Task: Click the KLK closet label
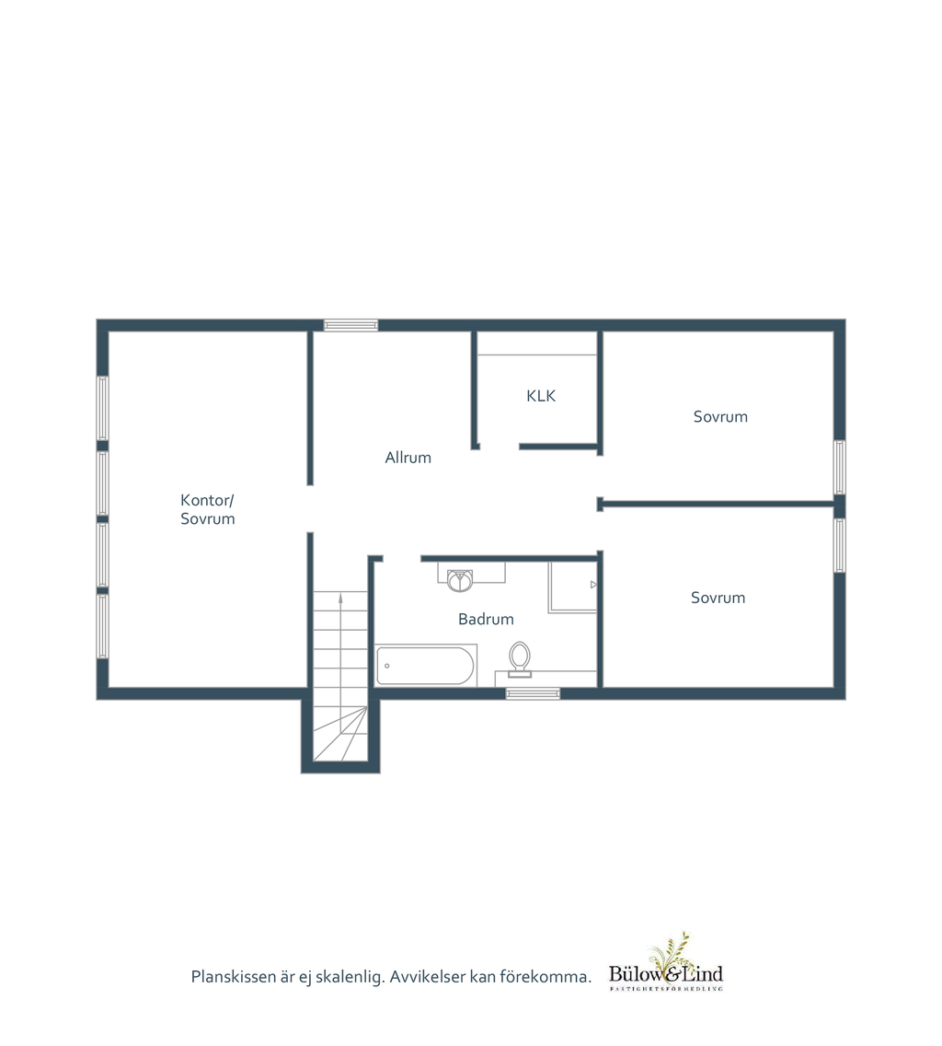tap(541, 396)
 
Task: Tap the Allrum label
tap(408, 458)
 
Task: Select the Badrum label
tap(486, 619)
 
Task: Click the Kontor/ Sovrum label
tap(207, 510)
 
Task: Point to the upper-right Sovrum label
tap(720, 417)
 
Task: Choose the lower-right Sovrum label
tap(718, 598)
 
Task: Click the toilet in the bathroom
tap(520, 659)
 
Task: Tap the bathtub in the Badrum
tap(425, 666)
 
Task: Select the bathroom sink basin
tap(459, 580)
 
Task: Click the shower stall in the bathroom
tap(573, 587)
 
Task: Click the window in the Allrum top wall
tap(350, 326)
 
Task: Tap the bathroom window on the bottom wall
tap(533, 693)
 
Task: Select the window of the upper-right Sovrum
tap(840, 467)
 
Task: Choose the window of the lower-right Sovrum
tap(840, 545)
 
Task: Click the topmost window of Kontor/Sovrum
tap(103, 408)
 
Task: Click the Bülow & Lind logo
tap(665, 962)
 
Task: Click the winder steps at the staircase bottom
tap(340, 734)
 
